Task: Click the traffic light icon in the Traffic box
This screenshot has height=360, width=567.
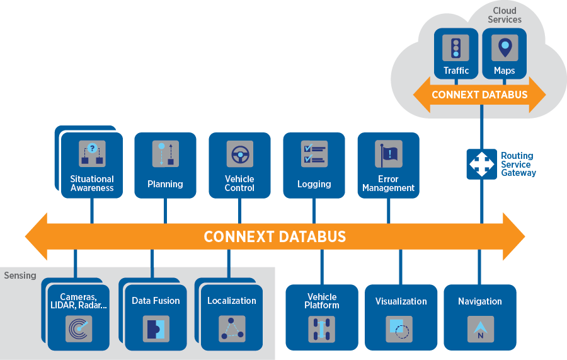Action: [455, 48]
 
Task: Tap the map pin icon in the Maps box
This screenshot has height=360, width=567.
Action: [505, 48]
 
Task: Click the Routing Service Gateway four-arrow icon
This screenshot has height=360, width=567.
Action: [481, 163]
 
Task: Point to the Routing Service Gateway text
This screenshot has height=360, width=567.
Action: [518, 164]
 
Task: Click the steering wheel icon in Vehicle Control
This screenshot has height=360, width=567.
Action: [239, 154]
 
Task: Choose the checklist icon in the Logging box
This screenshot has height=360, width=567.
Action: [314, 154]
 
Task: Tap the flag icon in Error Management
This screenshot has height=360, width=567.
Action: [388, 154]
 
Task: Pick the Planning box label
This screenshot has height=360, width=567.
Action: [165, 184]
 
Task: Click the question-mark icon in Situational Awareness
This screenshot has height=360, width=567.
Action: [92, 154]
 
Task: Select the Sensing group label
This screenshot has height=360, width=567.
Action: [20, 276]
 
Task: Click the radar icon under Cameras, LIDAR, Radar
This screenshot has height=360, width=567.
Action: [79, 328]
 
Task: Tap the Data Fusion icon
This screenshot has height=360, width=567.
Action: [156, 328]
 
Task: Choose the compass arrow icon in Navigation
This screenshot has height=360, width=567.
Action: [480, 329]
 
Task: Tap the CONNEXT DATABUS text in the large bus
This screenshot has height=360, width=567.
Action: [275, 237]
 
